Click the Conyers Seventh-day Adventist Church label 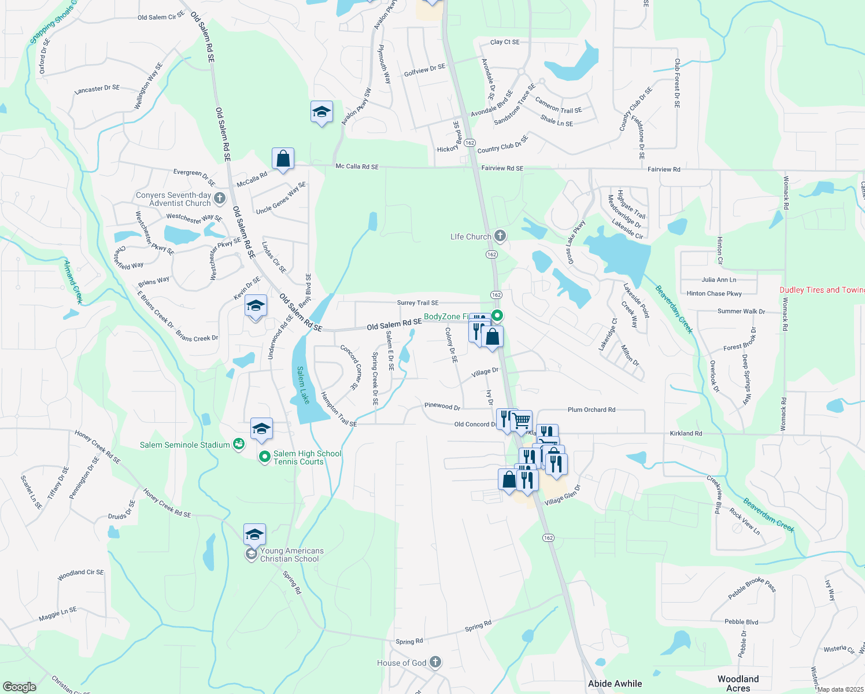[173, 199]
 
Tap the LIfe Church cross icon [501, 236]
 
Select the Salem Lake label [303, 385]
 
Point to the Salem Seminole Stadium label [185, 445]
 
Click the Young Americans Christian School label [291, 555]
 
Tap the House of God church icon [435, 662]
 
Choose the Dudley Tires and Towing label [821, 290]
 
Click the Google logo [19, 686]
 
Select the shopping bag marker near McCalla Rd [283, 158]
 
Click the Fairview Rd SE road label [502, 168]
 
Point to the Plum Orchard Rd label [592, 409]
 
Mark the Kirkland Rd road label [686, 433]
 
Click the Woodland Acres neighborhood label [738, 683]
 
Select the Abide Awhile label [615, 684]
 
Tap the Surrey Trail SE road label [417, 302]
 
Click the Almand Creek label [73, 282]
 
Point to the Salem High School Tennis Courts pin [264, 457]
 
